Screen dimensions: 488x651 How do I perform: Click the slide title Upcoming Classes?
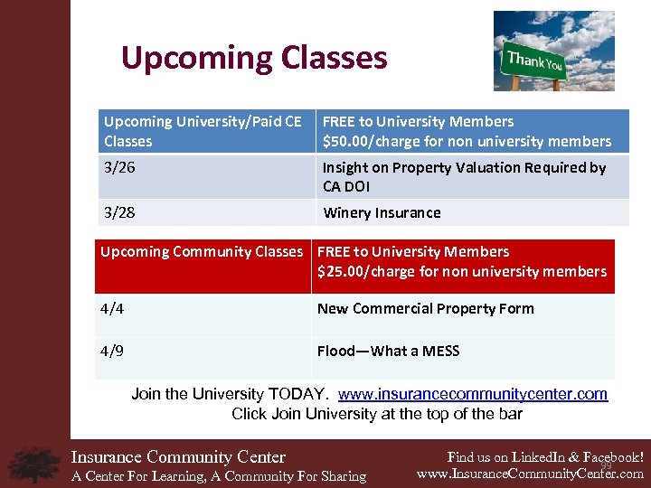point(254,58)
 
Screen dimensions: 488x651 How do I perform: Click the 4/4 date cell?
point(111,308)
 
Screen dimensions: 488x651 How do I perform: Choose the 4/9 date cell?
point(111,351)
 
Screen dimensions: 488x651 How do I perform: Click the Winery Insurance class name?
point(382,212)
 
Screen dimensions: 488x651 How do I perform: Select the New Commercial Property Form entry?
point(425,308)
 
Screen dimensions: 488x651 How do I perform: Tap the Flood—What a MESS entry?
point(388,351)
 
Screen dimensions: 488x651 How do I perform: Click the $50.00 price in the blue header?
point(346,141)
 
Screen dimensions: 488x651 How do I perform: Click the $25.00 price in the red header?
point(341,271)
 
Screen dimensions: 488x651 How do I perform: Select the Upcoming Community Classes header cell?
point(202,251)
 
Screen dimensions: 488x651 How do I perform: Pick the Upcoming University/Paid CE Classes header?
point(203,131)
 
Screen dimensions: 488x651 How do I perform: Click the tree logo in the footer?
point(33,464)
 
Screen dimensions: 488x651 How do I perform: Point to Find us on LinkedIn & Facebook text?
point(545,456)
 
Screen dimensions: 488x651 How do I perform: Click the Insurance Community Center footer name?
point(178,456)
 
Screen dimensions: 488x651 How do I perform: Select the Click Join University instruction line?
point(376,414)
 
